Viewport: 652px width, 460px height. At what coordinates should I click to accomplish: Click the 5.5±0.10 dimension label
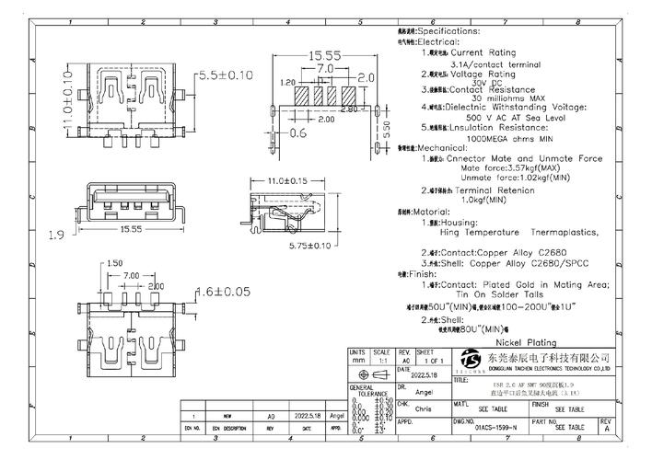click(227, 74)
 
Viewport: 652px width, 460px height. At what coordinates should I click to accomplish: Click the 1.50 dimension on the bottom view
click(114, 263)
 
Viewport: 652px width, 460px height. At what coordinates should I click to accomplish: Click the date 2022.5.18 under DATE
click(413, 376)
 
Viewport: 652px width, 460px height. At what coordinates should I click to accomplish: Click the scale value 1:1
click(380, 361)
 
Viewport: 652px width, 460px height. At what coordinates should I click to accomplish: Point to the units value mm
click(356, 361)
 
